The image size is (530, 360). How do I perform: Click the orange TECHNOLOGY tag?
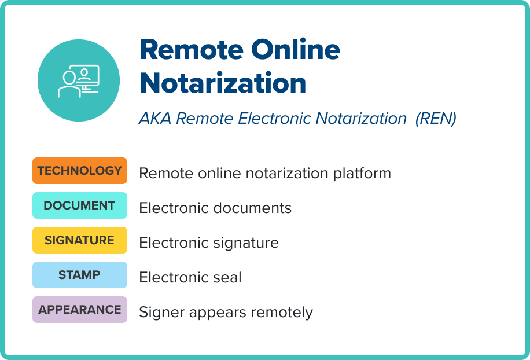[x=79, y=171]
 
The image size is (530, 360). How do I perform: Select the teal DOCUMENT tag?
[x=79, y=205]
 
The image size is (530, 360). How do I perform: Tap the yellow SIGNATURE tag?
[x=79, y=240]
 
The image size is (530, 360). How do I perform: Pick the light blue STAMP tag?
[x=79, y=275]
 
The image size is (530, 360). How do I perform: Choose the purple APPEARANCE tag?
[x=79, y=310]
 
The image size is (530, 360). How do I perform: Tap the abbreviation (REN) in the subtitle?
[x=436, y=119]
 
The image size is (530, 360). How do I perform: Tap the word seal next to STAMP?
[x=228, y=277]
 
